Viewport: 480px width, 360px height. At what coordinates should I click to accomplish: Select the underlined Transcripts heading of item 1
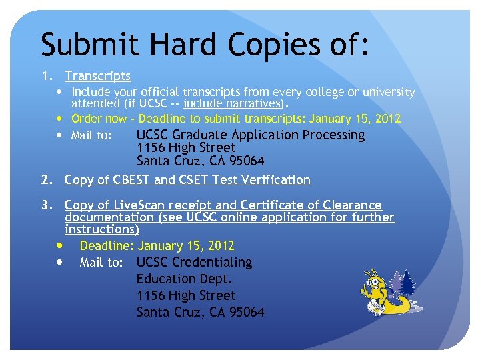(x=97, y=76)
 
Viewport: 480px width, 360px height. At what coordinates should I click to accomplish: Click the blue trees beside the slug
(x=406, y=283)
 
